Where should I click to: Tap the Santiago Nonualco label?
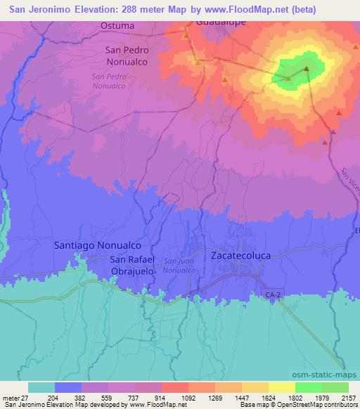click(x=98, y=246)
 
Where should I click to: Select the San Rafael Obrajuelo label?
click(x=132, y=264)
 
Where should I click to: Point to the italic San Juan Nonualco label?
click(x=178, y=266)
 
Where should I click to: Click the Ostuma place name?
click(x=117, y=26)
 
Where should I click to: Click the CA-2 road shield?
click(x=293, y=293)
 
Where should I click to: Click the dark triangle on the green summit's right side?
click(x=307, y=68)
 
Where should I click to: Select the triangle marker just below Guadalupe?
click(x=186, y=36)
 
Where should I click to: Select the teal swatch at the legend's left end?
click(x=41, y=387)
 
